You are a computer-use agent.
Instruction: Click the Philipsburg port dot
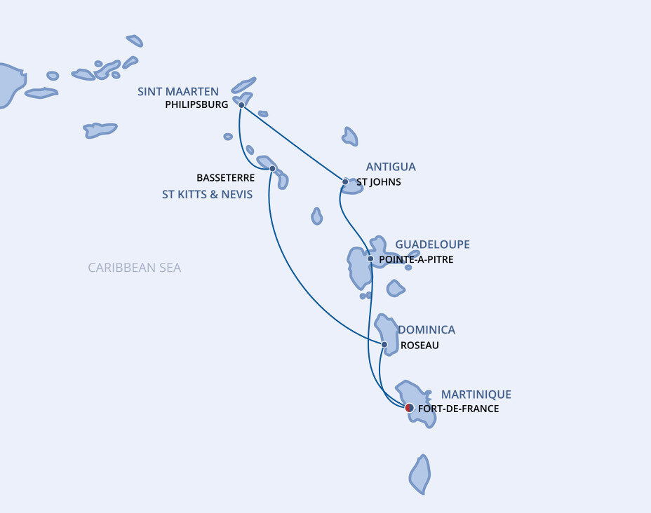pos(241,105)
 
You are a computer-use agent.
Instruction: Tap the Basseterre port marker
pos(272,168)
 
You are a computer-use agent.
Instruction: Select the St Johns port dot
pos(345,182)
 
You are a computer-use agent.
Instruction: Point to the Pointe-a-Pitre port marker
pos(370,259)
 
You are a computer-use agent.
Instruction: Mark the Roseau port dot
pos(384,344)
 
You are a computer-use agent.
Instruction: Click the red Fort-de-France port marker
pos(410,408)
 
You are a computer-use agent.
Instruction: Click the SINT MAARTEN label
pos(178,92)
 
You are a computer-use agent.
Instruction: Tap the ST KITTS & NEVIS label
pos(207,195)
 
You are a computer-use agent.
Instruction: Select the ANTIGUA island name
pos(391,167)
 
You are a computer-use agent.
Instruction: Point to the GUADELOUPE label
pos(432,245)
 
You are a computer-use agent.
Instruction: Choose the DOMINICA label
pos(427,329)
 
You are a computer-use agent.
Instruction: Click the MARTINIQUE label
pos(476,395)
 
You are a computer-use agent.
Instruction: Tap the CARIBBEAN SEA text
pos(135,268)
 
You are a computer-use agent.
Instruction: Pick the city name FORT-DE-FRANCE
pos(458,409)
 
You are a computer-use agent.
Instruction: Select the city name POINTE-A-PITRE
pos(416,259)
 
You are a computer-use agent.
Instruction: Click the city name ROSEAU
pos(420,346)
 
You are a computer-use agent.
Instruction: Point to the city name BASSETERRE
pos(225,178)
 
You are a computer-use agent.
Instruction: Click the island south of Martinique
pos(420,474)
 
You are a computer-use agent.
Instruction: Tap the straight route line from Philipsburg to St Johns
pos(293,143)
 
